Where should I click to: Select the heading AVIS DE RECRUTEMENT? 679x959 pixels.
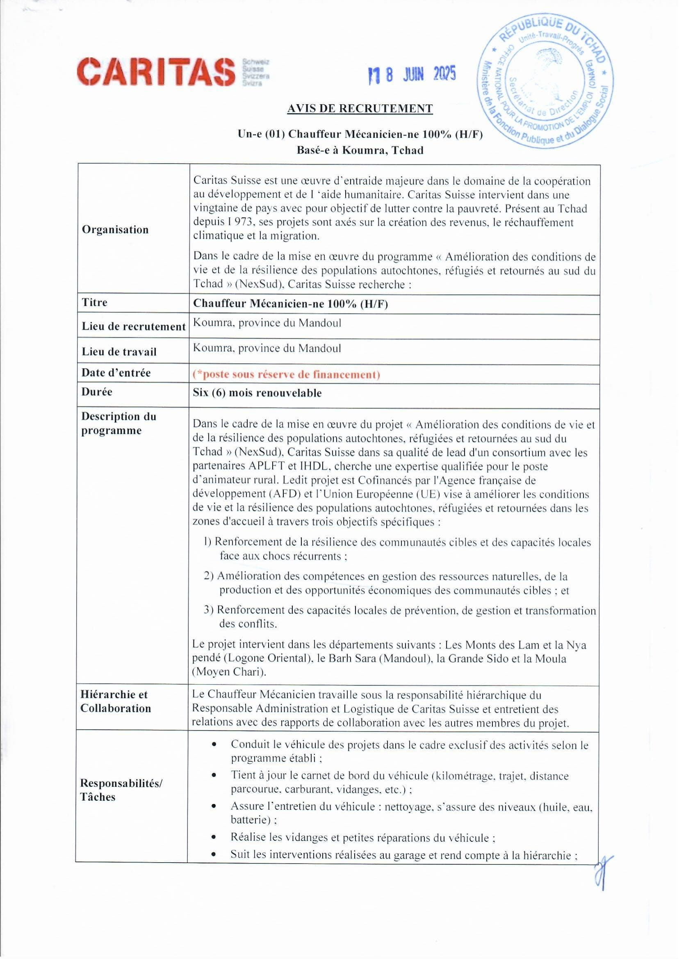(x=360, y=109)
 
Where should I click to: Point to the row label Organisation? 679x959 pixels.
(x=115, y=230)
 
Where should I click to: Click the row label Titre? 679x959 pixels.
(x=94, y=302)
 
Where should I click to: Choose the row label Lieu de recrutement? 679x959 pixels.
(x=133, y=326)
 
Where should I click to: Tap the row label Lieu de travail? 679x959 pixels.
(x=119, y=351)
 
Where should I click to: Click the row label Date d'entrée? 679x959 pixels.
(x=116, y=372)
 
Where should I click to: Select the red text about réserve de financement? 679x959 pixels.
(x=286, y=374)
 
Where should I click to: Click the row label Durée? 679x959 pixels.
(x=97, y=392)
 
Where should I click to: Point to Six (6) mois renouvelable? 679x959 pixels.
(x=257, y=393)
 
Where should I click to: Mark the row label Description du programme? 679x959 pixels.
(x=118, y=423)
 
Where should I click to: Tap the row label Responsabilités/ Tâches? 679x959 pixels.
(x=121, y=790)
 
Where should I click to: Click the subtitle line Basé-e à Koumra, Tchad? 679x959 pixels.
(x=360, y=150)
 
